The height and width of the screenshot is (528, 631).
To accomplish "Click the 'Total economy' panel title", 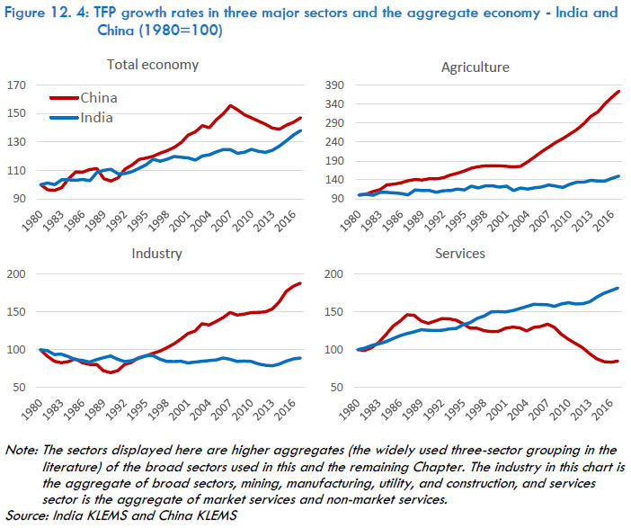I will click(x=153, y=65).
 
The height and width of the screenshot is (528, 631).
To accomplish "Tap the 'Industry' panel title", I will click(x=154, y=255).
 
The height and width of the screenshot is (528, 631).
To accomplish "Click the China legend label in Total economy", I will click(x=99, y=97).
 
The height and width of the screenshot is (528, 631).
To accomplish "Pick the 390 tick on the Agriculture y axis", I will click(x=334, y=84).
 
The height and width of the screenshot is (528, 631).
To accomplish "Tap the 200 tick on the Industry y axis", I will click(x=18, y=273).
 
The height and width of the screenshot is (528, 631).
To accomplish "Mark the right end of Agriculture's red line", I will click(x=618, y=91).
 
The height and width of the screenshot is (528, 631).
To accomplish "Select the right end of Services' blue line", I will click(x=618, y=288).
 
